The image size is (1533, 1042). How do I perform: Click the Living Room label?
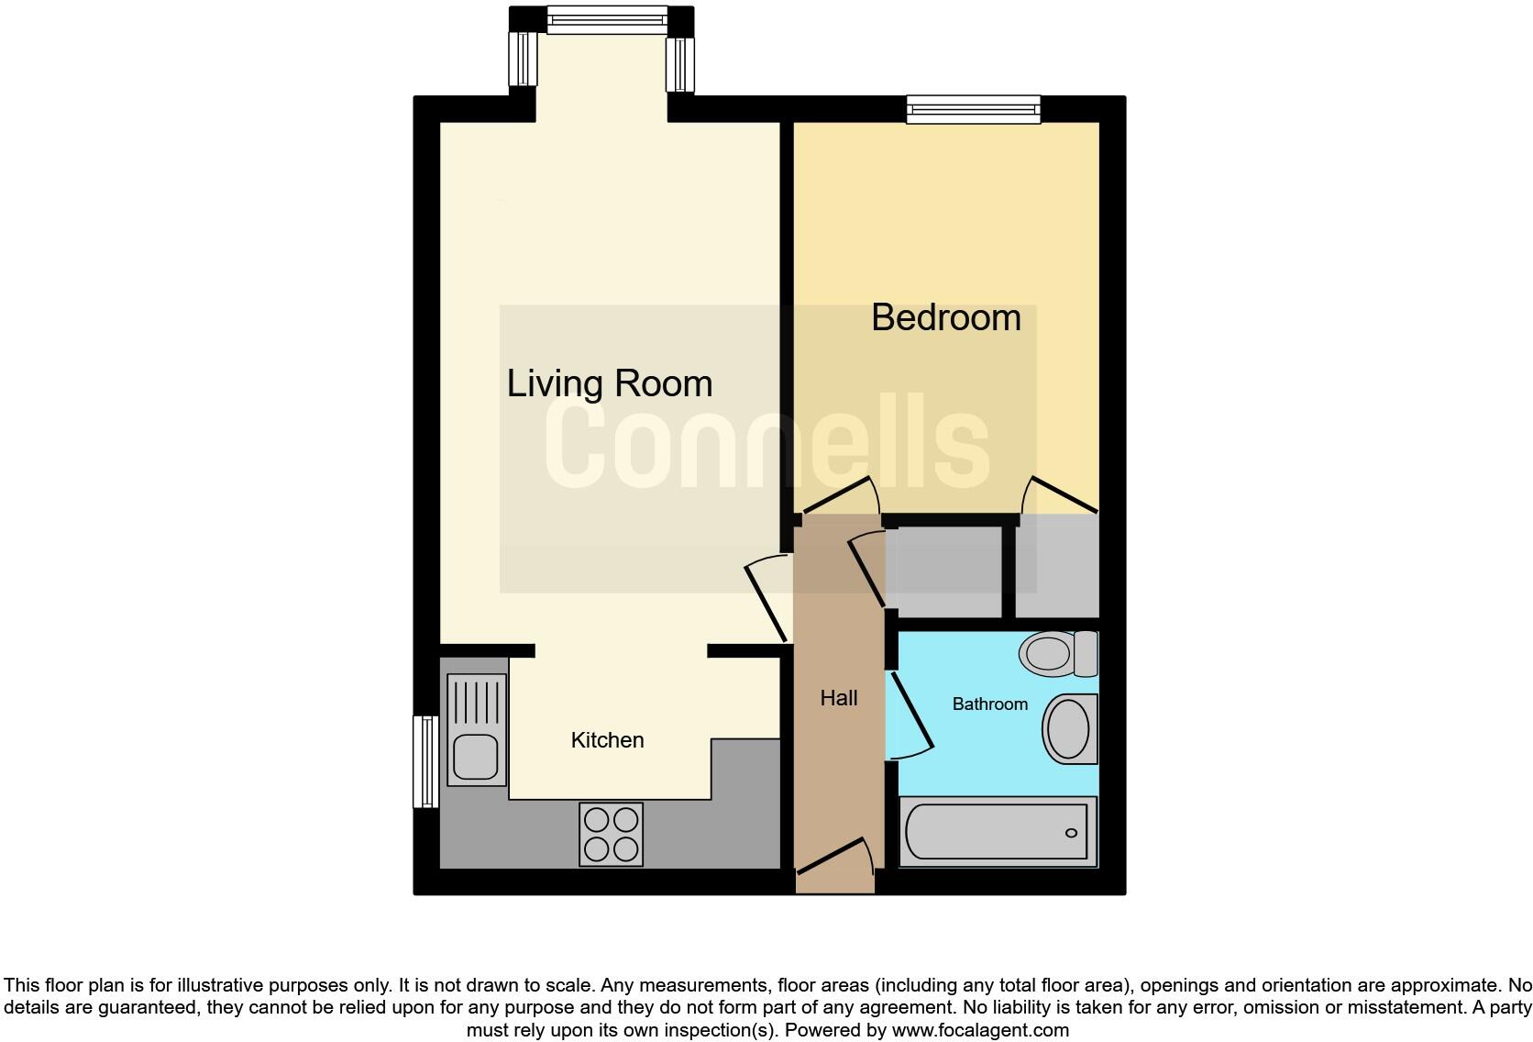click(x=609, y=383)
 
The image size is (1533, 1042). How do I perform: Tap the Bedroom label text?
click(x=945, y=317)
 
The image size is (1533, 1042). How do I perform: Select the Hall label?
click(x=838, y=698)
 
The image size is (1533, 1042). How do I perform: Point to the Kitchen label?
click(x=607, y=740)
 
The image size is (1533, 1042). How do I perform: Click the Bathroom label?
click(x=989, y=704)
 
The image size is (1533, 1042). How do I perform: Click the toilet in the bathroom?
click(x=1058, y=654)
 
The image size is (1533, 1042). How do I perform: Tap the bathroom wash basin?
click(x=1069, y=729)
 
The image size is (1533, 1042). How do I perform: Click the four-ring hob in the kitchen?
click(x=611, y=834)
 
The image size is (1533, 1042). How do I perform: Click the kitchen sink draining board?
click(x=477, y=702)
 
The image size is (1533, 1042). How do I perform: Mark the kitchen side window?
click(x=425, y=761)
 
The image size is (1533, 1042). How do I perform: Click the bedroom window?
click(x=973, y=109)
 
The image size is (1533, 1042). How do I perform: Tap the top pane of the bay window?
click(x=607, y=18)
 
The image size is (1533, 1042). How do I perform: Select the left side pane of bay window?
click(x=524, y=58)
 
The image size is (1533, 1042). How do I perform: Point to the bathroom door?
click(x=910, y=713)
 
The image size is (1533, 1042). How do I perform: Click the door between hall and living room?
click(x=766, y=602)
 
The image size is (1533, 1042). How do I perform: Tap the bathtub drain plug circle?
click(x=1071, y=833)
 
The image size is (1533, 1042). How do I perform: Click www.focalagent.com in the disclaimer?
click(x=980, y=1030)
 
